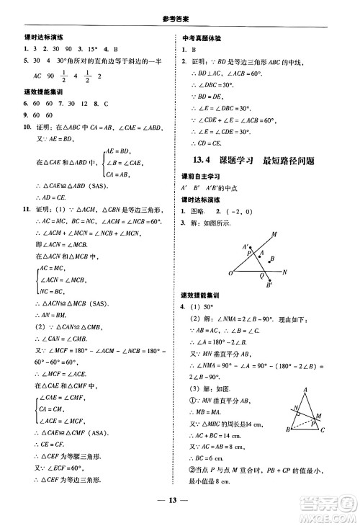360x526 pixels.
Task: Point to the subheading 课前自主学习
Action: (x=204, y=177)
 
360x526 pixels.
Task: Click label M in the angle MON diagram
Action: (x=274, y=233)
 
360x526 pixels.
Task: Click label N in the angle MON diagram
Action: (x=285, y=272)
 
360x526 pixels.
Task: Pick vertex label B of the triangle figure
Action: (x=287, y=430)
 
